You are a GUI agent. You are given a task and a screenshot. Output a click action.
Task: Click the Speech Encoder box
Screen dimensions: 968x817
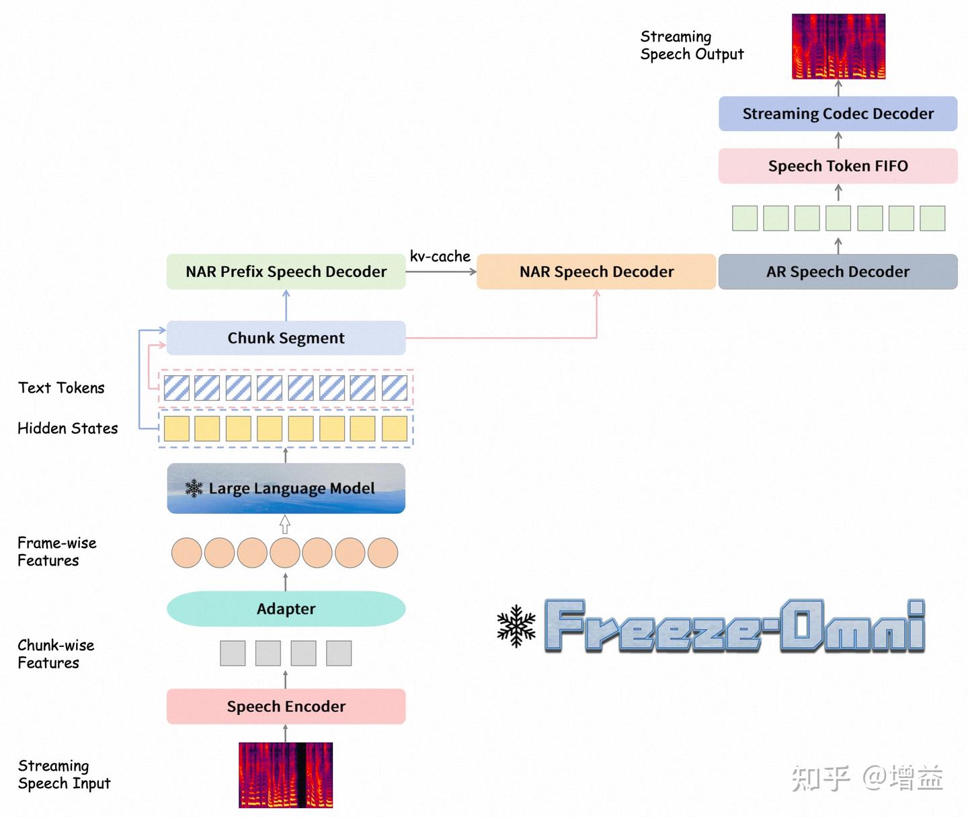click(286, 706)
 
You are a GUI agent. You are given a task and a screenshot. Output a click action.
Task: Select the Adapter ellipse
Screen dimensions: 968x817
click(286, 609)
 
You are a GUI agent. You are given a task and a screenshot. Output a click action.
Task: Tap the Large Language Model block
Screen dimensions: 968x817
click(286, 488)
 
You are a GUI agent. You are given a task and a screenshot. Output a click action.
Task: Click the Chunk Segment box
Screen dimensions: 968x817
click(286, 338)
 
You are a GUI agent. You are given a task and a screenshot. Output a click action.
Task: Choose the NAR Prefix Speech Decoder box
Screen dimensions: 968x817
click(286, 271)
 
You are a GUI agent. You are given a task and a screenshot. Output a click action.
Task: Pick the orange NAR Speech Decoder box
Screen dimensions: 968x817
click(596, 271)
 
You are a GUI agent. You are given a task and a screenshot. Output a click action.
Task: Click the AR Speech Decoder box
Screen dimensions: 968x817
click(838, 271)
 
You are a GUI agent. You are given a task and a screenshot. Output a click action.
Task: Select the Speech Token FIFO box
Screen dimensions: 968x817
click(838, 165)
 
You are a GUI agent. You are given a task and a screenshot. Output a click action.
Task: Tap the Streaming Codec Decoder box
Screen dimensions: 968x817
click(838, 113)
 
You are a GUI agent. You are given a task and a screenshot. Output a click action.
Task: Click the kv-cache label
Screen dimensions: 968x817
click(440, 256)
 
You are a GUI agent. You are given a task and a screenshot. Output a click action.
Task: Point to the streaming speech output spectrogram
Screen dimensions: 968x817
click(838, 46)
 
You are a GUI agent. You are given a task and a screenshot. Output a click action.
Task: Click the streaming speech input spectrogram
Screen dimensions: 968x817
click(286, 775)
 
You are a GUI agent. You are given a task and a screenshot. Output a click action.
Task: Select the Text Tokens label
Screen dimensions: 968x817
click(61, 387)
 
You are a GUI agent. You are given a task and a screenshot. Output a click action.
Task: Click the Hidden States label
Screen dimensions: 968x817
click(68, 428)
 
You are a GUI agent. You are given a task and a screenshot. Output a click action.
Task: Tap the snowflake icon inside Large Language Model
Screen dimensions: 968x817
click(194, 488)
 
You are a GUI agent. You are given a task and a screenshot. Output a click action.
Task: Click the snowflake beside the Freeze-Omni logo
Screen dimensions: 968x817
click(516, 625)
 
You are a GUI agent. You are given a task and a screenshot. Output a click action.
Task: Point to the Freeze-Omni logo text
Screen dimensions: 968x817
click(735, 625)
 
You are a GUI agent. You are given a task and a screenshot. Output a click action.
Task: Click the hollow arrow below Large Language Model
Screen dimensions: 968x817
click(284, 524)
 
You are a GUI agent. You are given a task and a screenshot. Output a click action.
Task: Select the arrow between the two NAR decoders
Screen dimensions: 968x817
click(441, 272)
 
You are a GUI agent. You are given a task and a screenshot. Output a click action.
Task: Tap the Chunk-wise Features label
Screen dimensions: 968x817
click(56, 654)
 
